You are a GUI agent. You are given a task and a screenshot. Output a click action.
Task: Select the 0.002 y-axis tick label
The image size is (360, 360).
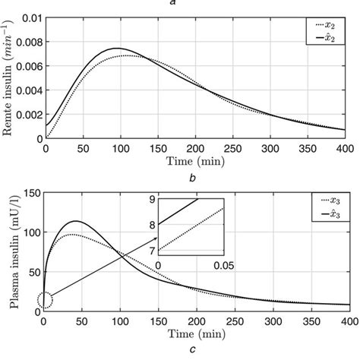point(26,114)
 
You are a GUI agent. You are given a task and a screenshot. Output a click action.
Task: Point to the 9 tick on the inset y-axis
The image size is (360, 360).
point(152,200)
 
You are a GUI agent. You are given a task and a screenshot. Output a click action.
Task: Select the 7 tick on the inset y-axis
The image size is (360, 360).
point(152,250)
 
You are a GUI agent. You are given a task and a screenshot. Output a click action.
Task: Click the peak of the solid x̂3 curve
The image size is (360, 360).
point(76,222)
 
